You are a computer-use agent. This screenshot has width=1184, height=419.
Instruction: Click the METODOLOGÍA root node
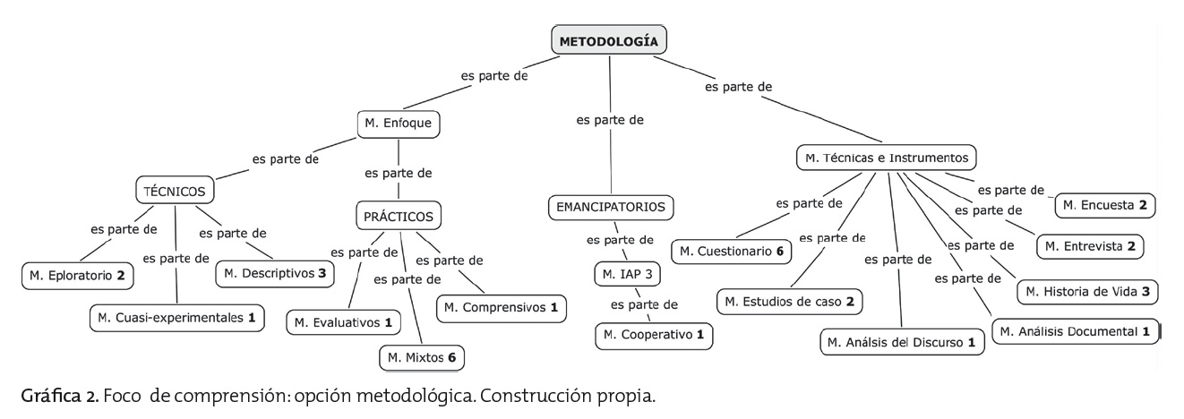point(609,40)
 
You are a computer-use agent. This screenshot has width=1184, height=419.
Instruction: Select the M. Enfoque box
point(399,124)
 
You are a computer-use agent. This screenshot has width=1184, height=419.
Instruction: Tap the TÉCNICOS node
point(175,191)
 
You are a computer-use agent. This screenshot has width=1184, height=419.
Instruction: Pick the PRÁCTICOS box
point(399,216)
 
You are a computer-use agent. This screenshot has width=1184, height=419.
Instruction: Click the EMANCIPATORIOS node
point(609,207)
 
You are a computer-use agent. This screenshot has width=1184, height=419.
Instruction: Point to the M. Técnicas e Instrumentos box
point(886,158)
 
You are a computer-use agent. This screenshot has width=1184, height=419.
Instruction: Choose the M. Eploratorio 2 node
point(77,275)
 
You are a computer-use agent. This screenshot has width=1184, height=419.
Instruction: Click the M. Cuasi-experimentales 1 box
point(177,317)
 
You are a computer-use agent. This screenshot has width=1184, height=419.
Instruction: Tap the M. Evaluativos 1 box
point(343,321)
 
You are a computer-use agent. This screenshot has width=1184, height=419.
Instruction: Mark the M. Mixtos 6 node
point(422,357)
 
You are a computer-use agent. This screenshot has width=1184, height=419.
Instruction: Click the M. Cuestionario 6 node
point(731,252)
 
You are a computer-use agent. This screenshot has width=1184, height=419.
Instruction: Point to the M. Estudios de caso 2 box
point(789,301)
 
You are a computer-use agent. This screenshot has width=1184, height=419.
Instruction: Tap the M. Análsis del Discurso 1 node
point(901,342)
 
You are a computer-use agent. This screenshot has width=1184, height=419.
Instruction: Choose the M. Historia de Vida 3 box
point(1088,291)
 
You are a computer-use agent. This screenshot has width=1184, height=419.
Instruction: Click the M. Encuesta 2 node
point(1104,205)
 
